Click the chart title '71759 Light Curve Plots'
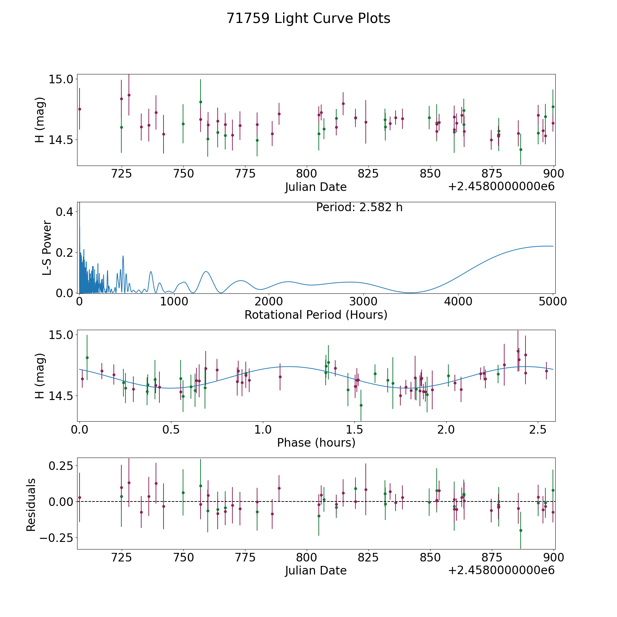pos(308,19)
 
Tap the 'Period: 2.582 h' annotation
pos(359,207)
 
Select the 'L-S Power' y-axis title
pos(47,247)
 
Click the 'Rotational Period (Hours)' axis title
pos(316,315)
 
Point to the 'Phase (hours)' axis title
pos(316,443)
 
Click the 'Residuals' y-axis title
pos(31,505)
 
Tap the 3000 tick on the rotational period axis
pos(363,301)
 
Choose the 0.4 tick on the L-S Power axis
pos(64,212)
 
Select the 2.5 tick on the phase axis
pos(538,430)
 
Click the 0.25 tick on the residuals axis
pos(61,466)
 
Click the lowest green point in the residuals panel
pos(521,530)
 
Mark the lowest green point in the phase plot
pos(361,405)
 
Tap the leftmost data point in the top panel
pos(80,109)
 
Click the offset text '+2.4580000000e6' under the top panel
pos(501,186)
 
